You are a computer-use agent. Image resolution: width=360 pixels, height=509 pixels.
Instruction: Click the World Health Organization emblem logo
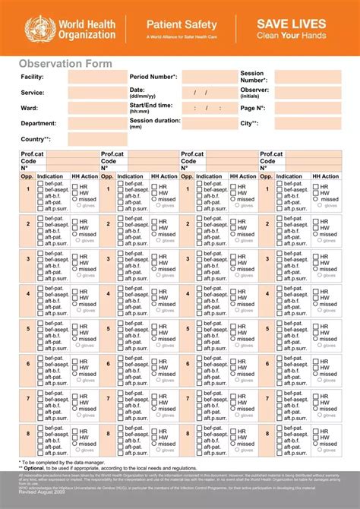36,28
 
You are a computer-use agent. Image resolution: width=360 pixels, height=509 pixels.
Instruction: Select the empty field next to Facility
98,77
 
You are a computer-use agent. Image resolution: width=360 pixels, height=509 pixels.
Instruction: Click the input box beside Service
98,92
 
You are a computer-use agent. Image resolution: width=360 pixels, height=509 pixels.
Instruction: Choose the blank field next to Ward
98,108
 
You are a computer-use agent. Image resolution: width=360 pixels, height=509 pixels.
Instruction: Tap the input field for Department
98,123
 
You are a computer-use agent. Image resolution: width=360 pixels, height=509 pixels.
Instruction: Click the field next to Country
98,139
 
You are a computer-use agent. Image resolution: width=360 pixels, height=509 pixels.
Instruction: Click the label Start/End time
151,106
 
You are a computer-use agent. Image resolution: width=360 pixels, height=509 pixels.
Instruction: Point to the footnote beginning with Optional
106,469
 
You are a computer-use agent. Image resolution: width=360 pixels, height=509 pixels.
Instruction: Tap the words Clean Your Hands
292,36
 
